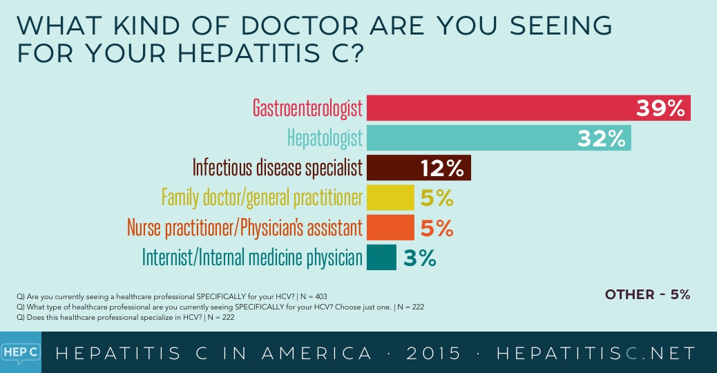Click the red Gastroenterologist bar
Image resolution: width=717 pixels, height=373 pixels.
[497, 108]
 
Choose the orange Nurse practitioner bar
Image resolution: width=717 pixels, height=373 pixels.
[390, 227]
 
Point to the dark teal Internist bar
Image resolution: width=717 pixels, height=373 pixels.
[381, 257]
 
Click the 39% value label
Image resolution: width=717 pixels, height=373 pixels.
[660, 108]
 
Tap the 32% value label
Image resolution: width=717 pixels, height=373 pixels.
[601, 138]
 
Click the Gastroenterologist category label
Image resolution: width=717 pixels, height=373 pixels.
[307, 108]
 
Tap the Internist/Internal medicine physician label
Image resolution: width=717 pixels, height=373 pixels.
[252, 258]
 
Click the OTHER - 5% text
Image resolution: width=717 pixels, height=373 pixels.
[647, 295]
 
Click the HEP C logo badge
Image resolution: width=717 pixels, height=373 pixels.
[21, 353]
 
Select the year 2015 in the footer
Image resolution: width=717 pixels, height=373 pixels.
[432, 354]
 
